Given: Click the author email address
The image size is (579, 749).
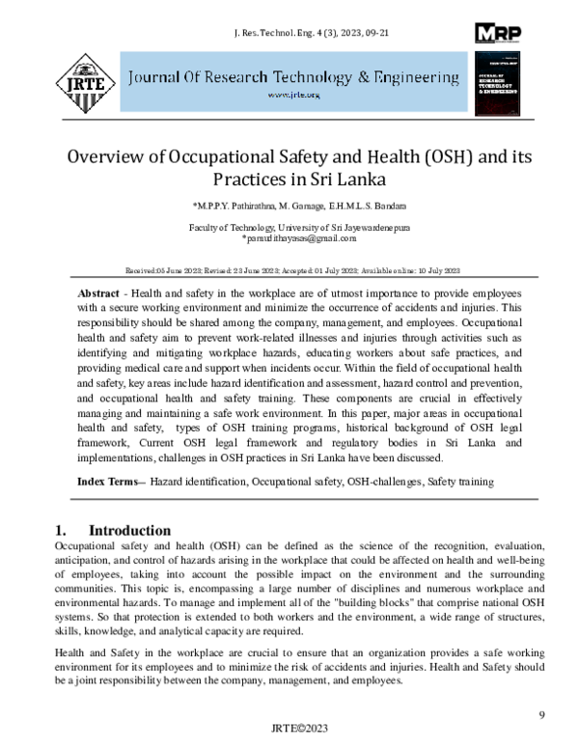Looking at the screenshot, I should (289, 237).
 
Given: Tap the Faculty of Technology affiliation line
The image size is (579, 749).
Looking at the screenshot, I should (289, 226).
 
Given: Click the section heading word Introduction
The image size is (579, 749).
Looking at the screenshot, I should (129, 531).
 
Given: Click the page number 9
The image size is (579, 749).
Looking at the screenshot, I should (541, 714).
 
